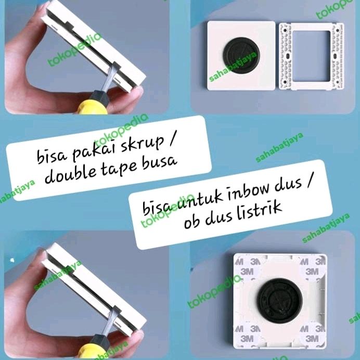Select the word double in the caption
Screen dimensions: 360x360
tap(70, 173)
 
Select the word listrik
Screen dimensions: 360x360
tap(259, 211)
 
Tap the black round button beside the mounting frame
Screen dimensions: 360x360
tap(240, 55)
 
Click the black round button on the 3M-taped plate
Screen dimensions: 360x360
tap(280, 301)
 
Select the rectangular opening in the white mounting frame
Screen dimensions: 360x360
tap(311, 56)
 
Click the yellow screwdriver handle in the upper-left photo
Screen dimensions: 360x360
tap(92, 108)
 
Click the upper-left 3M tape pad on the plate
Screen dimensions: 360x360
tap(247, 267)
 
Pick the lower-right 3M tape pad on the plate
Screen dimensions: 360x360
tap(313, 335)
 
